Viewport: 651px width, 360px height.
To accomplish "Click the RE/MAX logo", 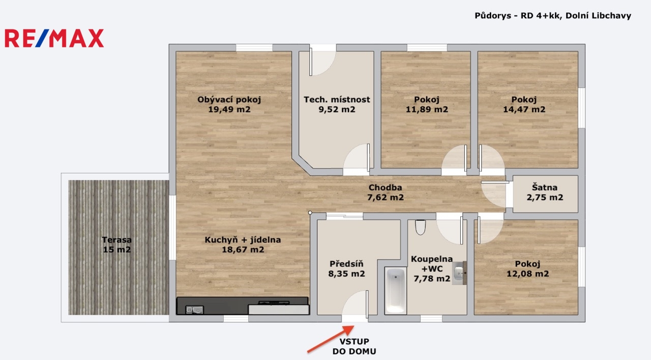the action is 54,38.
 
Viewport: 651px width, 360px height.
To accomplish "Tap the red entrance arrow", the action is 331,339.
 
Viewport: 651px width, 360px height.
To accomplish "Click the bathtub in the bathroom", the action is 396,291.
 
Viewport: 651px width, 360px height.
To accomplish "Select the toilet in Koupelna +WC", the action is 420,227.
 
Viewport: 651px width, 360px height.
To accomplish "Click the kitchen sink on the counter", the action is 194,310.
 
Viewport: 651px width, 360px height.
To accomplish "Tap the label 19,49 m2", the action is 229,109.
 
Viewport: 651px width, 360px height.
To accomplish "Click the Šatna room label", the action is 545,187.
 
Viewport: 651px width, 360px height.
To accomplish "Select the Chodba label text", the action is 386,188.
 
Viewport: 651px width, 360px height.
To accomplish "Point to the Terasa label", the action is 117,239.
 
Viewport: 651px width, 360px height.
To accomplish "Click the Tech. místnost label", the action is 337,99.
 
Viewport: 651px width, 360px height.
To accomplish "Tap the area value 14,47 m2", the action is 524,109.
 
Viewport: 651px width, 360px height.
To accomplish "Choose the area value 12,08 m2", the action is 528,274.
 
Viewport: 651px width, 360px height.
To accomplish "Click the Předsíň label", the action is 346,263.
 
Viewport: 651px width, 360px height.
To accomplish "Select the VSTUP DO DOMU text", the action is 354,346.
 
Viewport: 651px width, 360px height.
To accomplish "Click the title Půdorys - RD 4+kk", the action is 517,15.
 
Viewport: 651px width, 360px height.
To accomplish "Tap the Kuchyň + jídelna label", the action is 243,239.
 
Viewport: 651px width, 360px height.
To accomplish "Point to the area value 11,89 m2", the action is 427,109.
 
